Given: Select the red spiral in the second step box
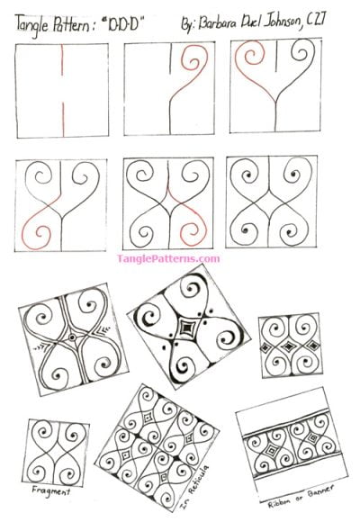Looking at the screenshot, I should [x=193, y=67].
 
